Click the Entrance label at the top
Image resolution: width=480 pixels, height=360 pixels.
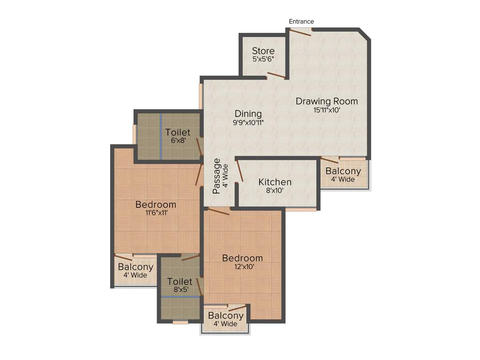coord(301,22)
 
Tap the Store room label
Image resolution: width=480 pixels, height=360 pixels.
coord(263,51)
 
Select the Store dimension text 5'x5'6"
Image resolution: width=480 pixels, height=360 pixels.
coord(263,60)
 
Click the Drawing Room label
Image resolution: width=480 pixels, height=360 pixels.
coord(327,101)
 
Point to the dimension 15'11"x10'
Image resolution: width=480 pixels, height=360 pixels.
coord(327,111)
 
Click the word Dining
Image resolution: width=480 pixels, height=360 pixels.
coord(248,113)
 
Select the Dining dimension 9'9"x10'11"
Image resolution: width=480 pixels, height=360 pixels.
coord(248,123)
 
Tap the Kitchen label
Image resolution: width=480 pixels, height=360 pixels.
coord(275,182)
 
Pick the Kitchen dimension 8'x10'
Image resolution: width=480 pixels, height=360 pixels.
coord(275,191)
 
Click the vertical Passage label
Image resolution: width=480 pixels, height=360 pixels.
coord(217,176)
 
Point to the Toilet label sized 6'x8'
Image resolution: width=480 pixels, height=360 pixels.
coord(178,132)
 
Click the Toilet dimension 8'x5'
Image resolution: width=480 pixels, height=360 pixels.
coord(180,290)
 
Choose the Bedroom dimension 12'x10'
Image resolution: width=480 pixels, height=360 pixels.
coord(242,267)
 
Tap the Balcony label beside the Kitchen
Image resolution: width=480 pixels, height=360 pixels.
coord(343,171)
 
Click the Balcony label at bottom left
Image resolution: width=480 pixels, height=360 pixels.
coord(135,267)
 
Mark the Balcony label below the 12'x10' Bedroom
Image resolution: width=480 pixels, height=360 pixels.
coord(226,315)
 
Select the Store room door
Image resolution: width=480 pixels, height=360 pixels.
coord(277,76)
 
